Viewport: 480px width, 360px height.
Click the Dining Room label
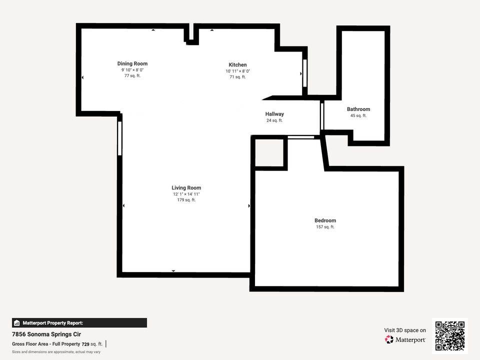[x=132, y=63]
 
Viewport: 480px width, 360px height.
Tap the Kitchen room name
[x=237, y=64]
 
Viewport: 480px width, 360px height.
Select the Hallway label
[x=274, y=114]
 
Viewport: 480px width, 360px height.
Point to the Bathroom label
[x=358, y=109]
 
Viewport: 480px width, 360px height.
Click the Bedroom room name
[x=325, y=220]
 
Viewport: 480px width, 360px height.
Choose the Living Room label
[x=186, y=188]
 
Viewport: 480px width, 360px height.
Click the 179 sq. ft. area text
[x=186, y=200]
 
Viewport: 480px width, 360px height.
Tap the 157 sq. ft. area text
[x=325, y=227]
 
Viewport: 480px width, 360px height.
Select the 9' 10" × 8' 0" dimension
[x=132, y=70]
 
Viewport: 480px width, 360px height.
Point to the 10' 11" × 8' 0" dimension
[x=237, y=71]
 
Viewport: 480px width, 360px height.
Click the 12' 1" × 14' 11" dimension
[x=186, y=194]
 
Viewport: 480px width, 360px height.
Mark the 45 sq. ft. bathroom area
[x=358, y=115]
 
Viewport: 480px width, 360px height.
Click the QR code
[x=450, y=336]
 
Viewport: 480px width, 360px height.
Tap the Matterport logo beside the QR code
[x=405, y=339]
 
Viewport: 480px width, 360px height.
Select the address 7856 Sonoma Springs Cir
[x=46, y=334]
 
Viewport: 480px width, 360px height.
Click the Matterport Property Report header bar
[x=79, y=323]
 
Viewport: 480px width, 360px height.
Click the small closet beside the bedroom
[x=270, y=152]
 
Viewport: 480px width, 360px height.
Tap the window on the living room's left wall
[x=119, y=138]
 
